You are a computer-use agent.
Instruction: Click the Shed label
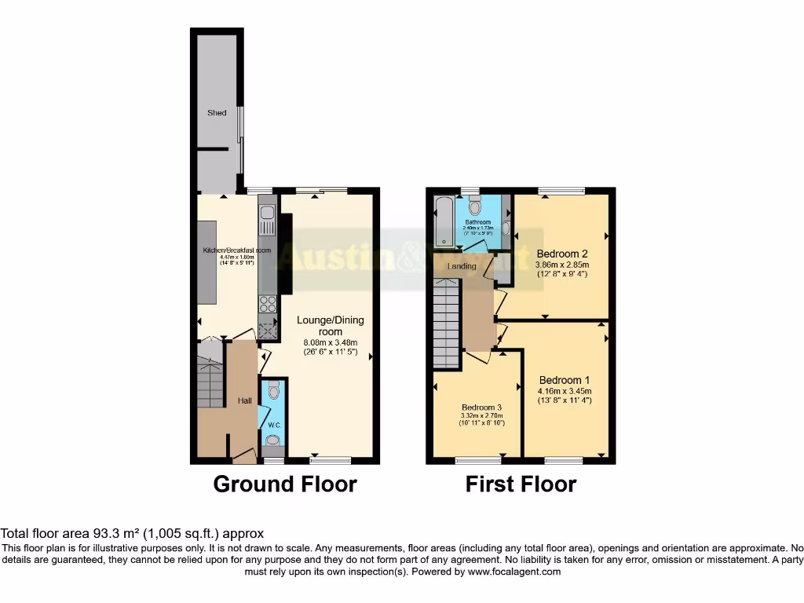pyautogui.click(x=217, y=113)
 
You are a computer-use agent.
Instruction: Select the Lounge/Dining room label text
pyautogui.click(x=331, y=326)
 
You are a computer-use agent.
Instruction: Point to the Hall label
pyautogui.click(x=244, y=401)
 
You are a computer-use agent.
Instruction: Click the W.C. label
pyautogui.click(x=273, y=426)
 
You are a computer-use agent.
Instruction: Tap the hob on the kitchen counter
pyautogui.click(x=267, y=303)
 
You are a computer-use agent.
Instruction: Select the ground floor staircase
pyautogui.click(x=210, y=382)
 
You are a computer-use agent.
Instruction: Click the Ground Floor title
pyautogui.click(x=285, y=484)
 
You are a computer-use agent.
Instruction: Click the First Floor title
pyautogui.click(x=521, y=484)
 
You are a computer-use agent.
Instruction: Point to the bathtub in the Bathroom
pyautogui.click(x=442, y=221)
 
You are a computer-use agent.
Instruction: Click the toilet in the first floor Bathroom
pyautogui.click(x=473, y=206)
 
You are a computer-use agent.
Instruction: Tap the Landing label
pyautogui.click(x=462, y=266)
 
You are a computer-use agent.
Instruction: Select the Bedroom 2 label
pyautogui.click(x=562, y=254)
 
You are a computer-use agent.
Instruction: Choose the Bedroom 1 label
pyautogui.click(x=565, y=380)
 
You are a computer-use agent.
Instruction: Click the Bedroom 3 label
pyautogui.click(x=481, y=407)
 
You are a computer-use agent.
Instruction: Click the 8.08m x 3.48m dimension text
pyautogui.click(x=331, y=342)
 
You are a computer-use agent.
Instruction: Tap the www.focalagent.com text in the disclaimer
pyautogui.click(x=515, y=572)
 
